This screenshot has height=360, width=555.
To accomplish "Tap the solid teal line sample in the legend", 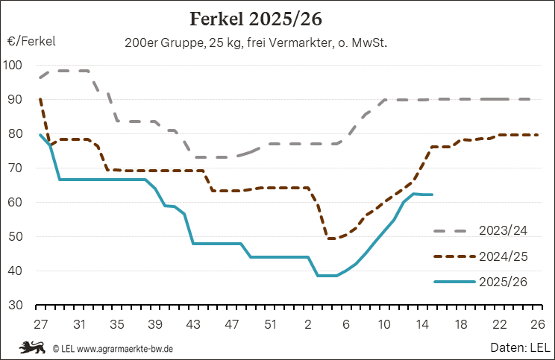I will point(454,282).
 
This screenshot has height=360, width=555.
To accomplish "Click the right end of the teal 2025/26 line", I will point(432,195).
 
